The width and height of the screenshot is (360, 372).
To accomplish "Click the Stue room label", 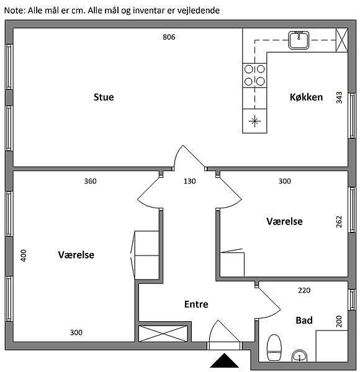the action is [104, 97].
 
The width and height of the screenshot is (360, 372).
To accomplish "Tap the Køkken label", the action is [306, 97].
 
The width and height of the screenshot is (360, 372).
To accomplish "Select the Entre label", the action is [196, 304].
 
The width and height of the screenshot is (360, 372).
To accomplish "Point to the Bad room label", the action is [304, 321].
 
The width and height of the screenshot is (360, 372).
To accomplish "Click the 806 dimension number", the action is [169, 37].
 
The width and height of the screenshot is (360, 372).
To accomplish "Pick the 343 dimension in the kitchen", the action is [339, 97].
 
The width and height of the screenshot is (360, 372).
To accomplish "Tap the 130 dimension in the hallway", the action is [189, 181].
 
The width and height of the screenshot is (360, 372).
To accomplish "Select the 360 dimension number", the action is [90, 181].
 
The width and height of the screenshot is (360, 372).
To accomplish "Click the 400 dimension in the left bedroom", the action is [23, 255].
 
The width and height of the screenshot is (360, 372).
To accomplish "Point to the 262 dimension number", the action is [339, 221].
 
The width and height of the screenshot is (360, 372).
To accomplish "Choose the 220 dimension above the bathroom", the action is [304, 290].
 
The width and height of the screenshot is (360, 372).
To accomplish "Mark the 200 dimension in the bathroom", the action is [339, 321].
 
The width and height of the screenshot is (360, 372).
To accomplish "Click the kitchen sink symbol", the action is [299, 40].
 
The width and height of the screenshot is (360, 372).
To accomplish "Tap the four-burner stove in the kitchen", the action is [254, 76].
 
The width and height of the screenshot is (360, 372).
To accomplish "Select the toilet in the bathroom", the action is [274, 348].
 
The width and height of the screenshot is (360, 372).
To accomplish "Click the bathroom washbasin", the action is [299, 356].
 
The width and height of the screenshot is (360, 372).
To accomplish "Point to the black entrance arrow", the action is [224, 360].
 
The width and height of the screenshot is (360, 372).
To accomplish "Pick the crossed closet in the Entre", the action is [163, 334].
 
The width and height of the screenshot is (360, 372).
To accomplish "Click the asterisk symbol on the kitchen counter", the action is [254, 122].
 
